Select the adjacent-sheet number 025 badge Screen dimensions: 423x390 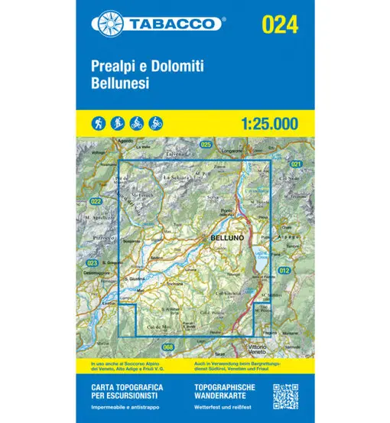tap(205, 145)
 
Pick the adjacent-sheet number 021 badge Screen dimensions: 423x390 tap(296, 164)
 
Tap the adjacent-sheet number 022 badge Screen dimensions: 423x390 tap(96, 202)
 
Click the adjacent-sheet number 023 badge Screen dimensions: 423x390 tap(93, 262)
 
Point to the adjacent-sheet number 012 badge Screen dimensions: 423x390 tap(284, 271)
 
